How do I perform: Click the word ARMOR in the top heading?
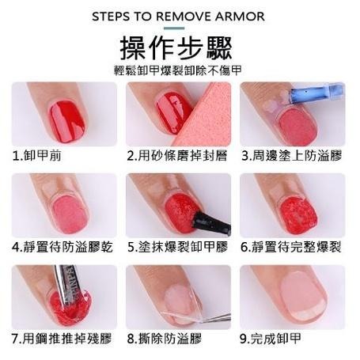tap(240, 17)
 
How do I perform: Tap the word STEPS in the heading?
tap(111, 17)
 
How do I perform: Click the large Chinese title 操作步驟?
tap(176, 48)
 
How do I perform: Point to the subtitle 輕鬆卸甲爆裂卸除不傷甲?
tap(178, 70)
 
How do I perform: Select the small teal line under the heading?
tap(174, 28)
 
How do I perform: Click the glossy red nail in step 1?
tap(67, 122)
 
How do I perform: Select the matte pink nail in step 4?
tap(70, 214)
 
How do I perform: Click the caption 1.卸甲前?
tap(37, 155)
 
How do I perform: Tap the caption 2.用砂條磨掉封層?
tap(177, 155)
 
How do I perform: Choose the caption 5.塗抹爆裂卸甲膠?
tap(178, 247)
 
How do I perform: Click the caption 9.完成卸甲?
tap(271, 339)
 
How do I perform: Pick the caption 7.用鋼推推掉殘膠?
tap(62, 339)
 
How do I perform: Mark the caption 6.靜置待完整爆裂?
tap(291, 247)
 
